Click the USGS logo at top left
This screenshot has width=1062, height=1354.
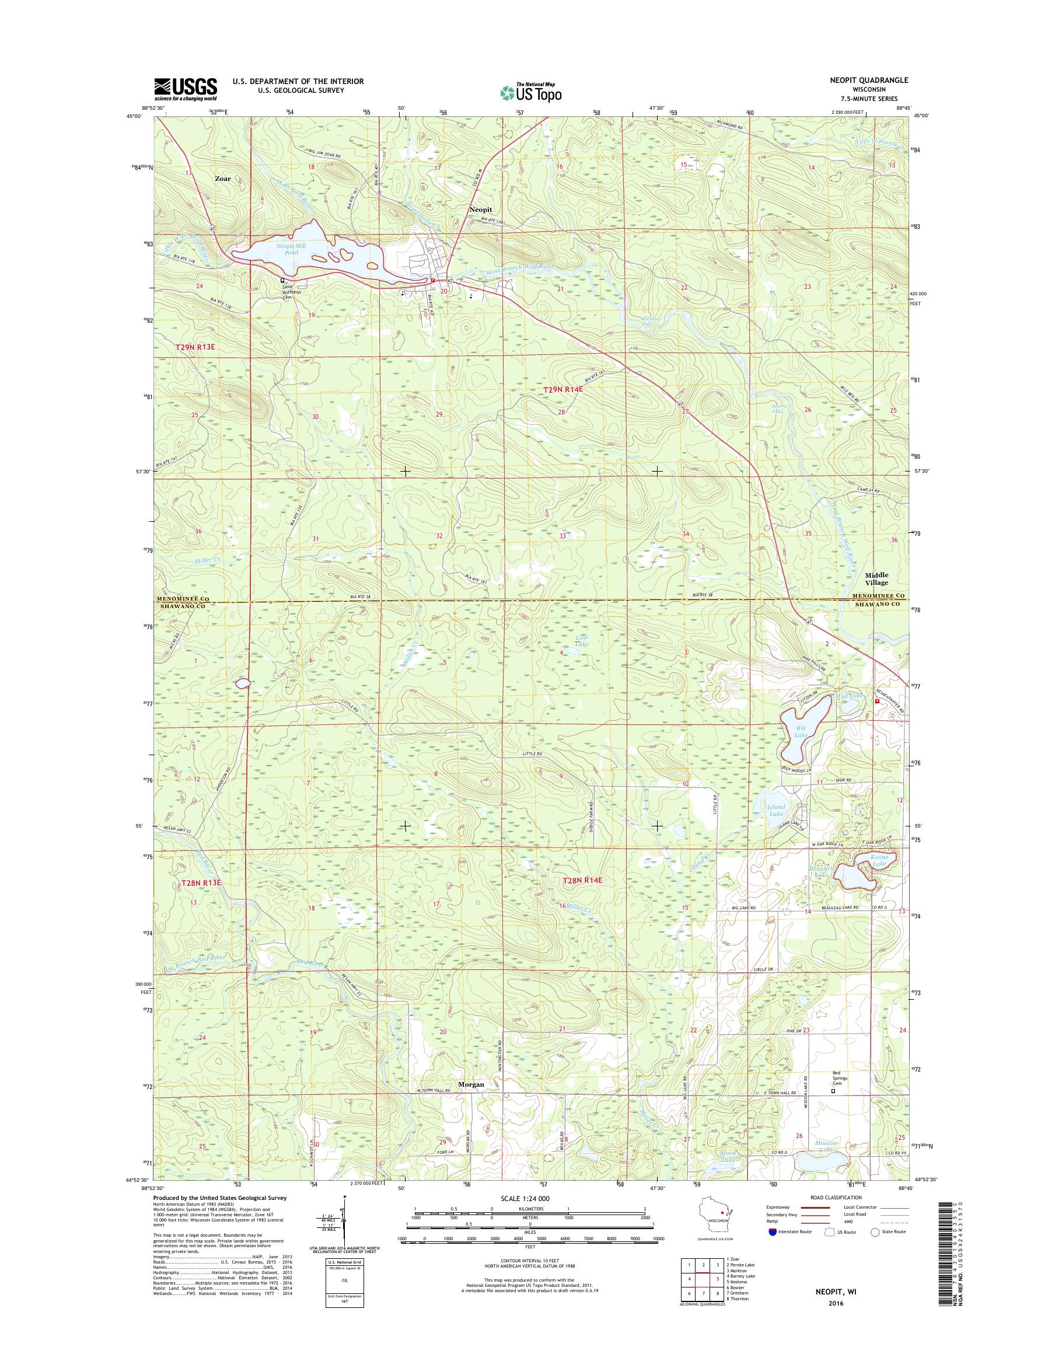186,89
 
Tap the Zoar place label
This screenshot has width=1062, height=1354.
222,179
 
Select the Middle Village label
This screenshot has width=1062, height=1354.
881,578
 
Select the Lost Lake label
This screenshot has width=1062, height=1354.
581,641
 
